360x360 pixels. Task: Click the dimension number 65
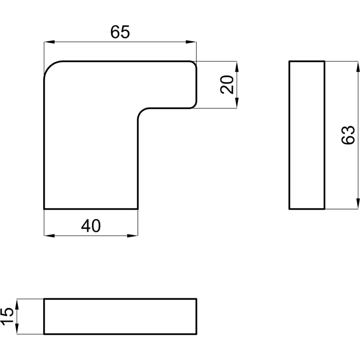pos(120,32)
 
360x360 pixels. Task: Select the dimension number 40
pos(91,226)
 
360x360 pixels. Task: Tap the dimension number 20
pos(227,85)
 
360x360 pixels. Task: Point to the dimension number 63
pos(348,135)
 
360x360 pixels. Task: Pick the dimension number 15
pos(7,316)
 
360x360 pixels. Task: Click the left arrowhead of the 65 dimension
pos(49,42)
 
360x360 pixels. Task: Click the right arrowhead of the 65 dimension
pos(191,42)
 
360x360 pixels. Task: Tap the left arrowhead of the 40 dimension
pos(49,235)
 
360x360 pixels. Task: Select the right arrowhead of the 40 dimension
pos(132,235)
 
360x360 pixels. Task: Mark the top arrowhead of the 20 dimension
pos(237,67)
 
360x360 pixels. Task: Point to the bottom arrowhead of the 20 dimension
pos(237,103)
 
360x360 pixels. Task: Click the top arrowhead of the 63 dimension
pos(358,67)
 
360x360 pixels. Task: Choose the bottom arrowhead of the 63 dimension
pos(358,204)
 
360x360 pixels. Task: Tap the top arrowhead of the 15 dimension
pos(17,304)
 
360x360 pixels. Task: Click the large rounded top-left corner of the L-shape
pos(49,67)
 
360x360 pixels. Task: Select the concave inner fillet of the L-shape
pos(141,111)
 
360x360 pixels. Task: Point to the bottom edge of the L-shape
pos(91,209)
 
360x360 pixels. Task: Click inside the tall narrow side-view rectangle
pos(307,135)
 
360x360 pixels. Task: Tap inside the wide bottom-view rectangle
pos(120,316)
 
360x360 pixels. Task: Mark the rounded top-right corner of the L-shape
pos(194,63)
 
